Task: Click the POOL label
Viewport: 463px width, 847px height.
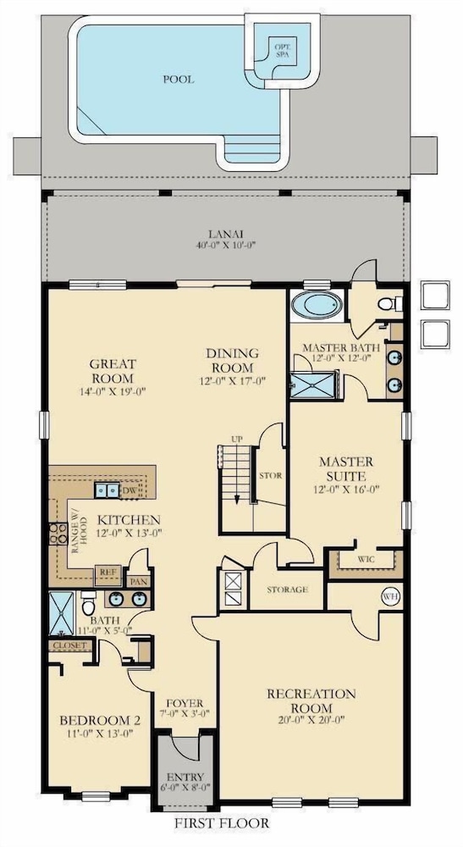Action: [179, 80]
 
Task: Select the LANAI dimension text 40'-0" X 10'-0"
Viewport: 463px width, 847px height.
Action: [225, 245]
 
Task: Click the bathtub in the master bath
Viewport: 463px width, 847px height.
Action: [317, 306]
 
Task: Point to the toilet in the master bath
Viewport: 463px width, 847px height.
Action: [389, 304]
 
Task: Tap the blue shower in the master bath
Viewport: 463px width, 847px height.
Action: [314, 385]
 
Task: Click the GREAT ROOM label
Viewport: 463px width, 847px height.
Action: [113, 371]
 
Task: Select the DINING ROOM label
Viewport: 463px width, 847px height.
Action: [232, 360]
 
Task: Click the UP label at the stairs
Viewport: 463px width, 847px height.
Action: [236, 439]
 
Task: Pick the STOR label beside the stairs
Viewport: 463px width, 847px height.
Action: [270, 476]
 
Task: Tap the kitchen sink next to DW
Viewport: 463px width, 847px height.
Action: [107, 490]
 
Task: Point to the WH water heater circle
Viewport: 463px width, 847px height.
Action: [391, 596]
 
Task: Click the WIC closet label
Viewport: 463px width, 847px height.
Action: [366, 559]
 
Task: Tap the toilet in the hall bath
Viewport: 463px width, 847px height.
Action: [89, 603]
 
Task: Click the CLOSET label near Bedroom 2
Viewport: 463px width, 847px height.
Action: [70, 645]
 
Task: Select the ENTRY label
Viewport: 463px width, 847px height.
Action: [185, 777]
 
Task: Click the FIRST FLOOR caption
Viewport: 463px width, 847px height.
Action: [221, 823]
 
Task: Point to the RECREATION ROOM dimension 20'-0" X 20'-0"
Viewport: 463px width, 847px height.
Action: [311, 719]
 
